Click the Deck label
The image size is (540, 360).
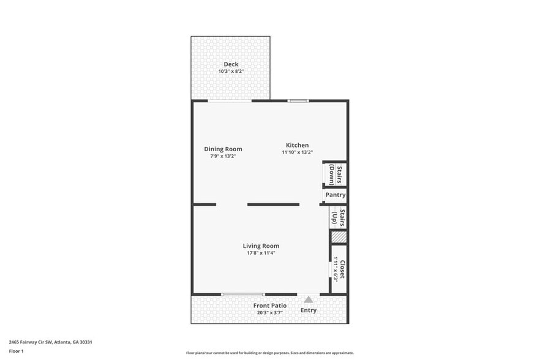point(231,64)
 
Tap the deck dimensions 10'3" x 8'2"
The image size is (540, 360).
point(231,72)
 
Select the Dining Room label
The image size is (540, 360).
point(223,149)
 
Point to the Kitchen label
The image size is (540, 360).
point(297,145)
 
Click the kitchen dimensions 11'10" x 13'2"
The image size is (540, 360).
point(297,152)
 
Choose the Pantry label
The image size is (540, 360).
point(336,195)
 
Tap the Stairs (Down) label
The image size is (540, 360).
point(336,174)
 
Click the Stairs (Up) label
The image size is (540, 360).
point(339,218)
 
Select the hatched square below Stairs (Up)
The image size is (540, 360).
point(339,237)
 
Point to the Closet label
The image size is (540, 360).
point(343,269)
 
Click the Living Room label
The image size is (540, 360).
point(261,246)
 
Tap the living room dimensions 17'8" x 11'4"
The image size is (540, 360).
point(261,253)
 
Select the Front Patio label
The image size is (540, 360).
point(270,306)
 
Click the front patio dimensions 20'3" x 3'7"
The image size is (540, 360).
point(270,312)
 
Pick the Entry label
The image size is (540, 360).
point(309,310)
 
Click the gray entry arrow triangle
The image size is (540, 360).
point(309,299)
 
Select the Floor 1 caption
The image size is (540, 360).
point(16,351)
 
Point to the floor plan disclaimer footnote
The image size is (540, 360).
point(269,353)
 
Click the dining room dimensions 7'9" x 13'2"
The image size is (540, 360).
point(223,156)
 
